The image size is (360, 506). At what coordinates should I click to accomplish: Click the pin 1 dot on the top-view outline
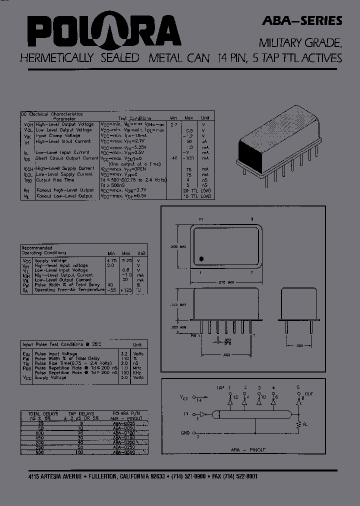click(x=201, y=259)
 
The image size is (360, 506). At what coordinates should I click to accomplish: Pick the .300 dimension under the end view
click(x=298, y=345)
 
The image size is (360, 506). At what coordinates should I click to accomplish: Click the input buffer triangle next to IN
click(x=202, y=414)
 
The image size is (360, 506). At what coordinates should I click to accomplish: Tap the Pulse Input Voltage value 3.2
click(x=124, y=354)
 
